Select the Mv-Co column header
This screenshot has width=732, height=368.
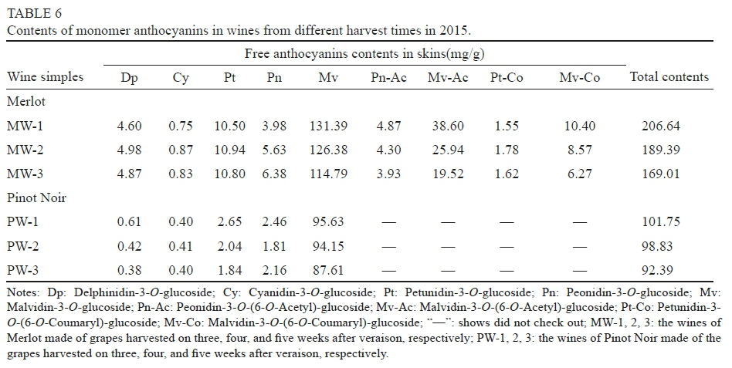pyautogui.click(x=580, y=77)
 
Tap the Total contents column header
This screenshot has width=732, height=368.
pyautogui.click(x=669, y=76)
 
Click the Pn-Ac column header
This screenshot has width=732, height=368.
pyautogui.click(x=388, y=77)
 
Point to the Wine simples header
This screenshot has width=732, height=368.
pyautogui.click(x=45, y=76)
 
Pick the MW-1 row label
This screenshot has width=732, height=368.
pyautogui.click(x=25, y=126)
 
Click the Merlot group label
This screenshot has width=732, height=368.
pyautogui.click(x=27, y=101)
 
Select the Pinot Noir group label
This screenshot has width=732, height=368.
pyautogui.click(x=36, y=198)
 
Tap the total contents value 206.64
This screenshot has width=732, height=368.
pyautogui.click(x=661, y=126)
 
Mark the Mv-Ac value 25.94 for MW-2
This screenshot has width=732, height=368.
pyautogui.click(x=447, y=150)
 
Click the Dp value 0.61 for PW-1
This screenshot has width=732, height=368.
pyautogui.click(x=128, y=222)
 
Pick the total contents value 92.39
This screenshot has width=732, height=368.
pyautogui.click(x=661, y=270)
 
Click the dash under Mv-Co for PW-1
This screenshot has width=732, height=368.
pyautogui.click(x=579, y=222)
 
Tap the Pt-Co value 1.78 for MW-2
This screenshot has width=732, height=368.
pyautogui.click(x=507, y=150)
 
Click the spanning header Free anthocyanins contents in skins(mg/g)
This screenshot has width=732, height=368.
pyautogui.click(x=364, y=53)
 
